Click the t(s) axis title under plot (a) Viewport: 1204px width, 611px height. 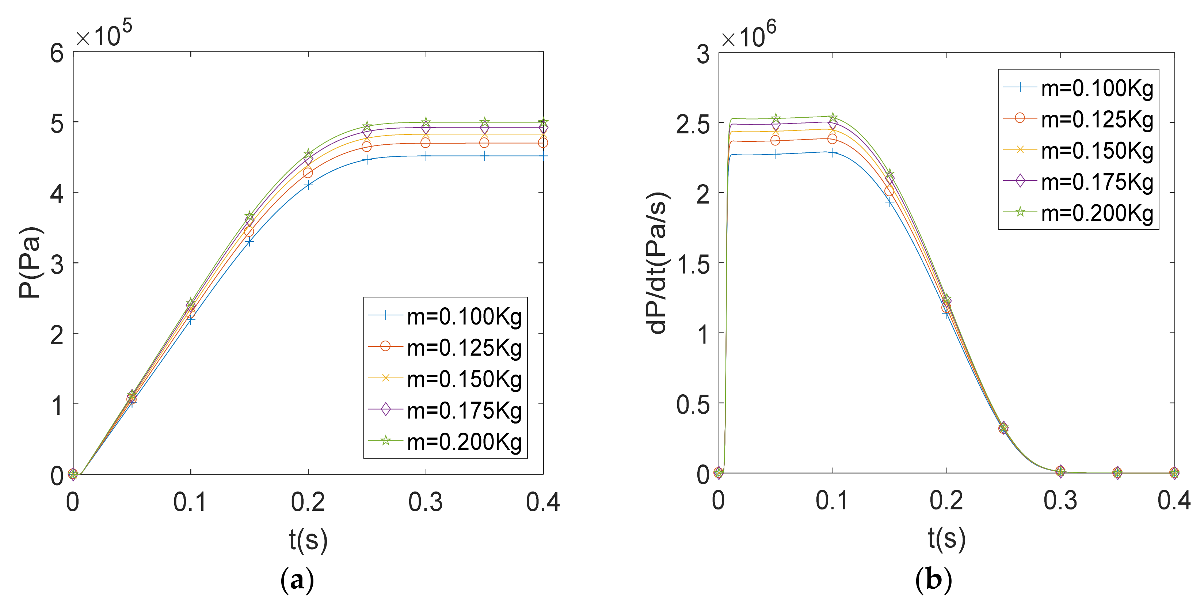pos(308,540)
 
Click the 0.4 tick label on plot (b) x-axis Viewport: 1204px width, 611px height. pos(1173,501)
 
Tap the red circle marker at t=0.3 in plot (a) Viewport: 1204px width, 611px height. pos(425,143)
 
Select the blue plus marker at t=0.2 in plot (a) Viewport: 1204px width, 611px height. pos(308,185)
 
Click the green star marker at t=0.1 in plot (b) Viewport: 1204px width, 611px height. pos(833,117)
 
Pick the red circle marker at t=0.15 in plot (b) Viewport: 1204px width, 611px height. pos(889,191)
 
